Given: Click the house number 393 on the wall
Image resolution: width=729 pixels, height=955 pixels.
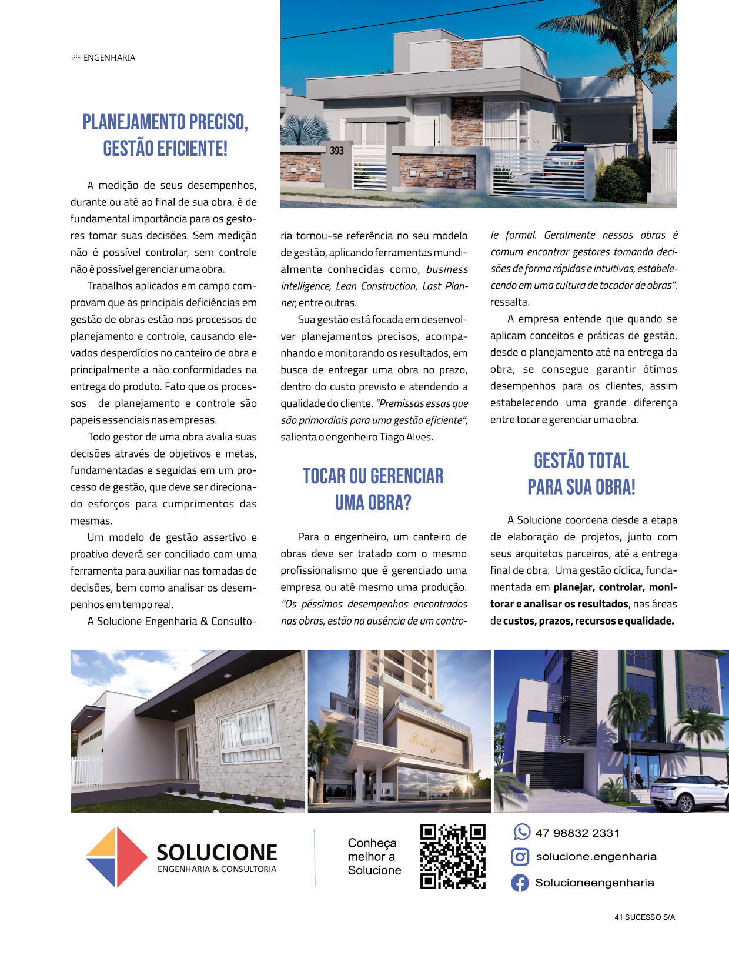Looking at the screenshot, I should (x=337, y=151).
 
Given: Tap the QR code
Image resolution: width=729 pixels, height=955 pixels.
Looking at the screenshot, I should (x=453, y=856).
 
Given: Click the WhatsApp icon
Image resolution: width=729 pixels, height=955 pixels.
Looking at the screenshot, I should (x=521, y=832).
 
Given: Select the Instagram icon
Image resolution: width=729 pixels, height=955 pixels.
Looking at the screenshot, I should (x=520, y=857).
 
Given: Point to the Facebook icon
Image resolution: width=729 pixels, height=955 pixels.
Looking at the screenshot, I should (x=520, y=883).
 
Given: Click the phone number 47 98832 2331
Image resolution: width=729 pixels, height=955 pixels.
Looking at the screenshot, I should (x=577, y=833).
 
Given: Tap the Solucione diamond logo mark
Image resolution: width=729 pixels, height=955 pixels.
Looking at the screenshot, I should (x=116, y=857).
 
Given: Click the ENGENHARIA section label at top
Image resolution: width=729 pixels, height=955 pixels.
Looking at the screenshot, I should (x=109, y=58).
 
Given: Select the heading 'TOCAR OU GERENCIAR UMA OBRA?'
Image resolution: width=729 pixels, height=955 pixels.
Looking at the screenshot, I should (x=373, y=489).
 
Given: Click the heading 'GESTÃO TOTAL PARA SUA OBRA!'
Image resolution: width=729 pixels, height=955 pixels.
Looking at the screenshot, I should (x=581, y=474).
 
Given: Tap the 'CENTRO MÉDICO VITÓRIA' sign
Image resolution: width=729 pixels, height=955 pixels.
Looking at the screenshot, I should (x=699, y=697).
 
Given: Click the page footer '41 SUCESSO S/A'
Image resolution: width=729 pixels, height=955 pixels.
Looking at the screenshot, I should (x=644, y=917).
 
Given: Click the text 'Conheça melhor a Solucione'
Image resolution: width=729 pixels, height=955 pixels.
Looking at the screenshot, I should (x=374, y=857).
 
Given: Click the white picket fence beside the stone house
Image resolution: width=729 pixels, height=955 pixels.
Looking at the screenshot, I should (x=86, y=771).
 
